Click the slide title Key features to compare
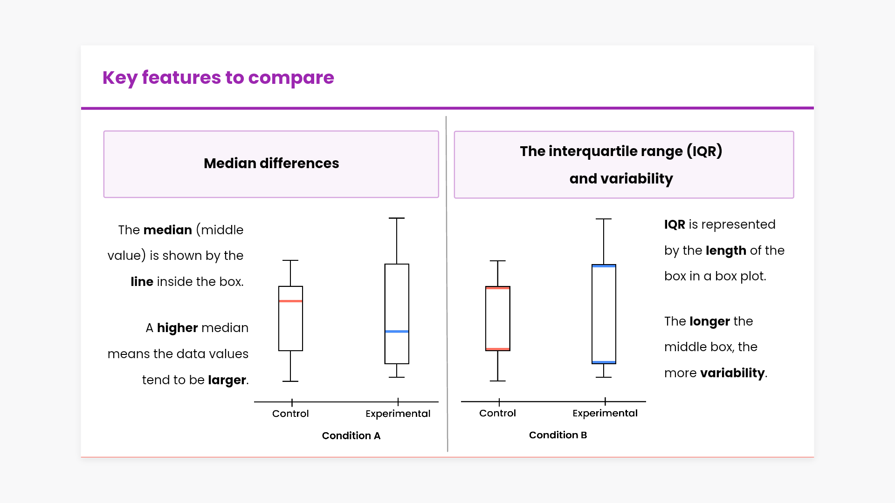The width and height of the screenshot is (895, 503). pyautogui.click(x=218, y=77)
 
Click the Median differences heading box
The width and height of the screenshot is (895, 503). pyautogui.click(x=271, y=164)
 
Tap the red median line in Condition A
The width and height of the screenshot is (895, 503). pyautogui.click(x=290, y=301)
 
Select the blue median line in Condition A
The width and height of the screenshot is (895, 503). pyautogui.click(x=397, y=332)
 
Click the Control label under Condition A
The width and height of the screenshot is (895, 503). pyautogui.click(x=290, y=414)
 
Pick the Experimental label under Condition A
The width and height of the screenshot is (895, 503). pyautogui.click(x=398, y=414)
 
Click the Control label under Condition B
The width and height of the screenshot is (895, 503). pyautogui.click(x=497, y=413)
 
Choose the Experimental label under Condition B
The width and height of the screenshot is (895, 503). pyautogui.click(x=605, y=413)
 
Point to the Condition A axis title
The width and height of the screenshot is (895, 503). pyautogui.click(x=351, y=435)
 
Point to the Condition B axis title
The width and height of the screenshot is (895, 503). pyautogui.click(x=558, y=435)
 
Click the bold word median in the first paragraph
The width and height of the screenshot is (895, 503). pyautogui.click(x=167, y=230)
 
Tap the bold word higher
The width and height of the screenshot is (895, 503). pyautogui.click(x=177, y=328)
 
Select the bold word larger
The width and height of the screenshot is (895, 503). pyautogui.click(x=227, y=380)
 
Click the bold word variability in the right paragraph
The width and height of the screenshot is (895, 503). pyautogui.click(x=732, y=373)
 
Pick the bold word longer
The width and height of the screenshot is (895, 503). pyautogui.click(x=709, y=321)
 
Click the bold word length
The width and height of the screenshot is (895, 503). pyautogui.click(x=726, y=251)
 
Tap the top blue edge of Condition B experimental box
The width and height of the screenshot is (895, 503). pyautogui.click(x=604, y=266)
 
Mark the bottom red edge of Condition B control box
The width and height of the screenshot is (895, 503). pyautogui.click(x=497, y=349)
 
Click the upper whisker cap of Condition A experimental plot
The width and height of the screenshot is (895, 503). pyautogui.click(x=397, y=218)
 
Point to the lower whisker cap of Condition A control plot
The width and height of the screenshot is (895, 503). pyautogui.click(x=290, y=381)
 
